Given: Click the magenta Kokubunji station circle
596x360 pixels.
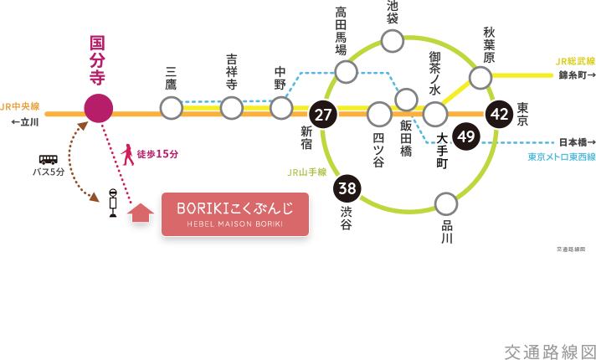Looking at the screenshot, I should tap(98, 108).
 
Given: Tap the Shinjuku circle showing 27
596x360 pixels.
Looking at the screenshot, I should tap(322, 114).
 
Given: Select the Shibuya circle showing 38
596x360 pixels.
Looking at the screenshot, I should tap(347, 189).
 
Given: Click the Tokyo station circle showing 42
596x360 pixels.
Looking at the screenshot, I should tap(500, 114).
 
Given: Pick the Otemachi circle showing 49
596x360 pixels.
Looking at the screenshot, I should tap(466, 136).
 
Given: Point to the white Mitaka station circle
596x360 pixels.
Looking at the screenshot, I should tap(172, 108).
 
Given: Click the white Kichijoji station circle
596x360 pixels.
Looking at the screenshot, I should tap(232, 108).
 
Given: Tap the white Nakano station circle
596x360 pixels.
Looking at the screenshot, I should tap(281, 108).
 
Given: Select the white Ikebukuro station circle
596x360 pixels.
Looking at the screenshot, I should tap(392, 40).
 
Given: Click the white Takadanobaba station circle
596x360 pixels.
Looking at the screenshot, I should tap(347, 72).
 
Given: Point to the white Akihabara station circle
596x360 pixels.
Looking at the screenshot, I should tap(480, 78).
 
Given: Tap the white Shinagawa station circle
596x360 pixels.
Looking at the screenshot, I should tap(446, 203).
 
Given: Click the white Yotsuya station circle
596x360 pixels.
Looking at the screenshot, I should tap(379, 113).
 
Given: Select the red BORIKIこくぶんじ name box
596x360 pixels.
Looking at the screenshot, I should tap(234, 213).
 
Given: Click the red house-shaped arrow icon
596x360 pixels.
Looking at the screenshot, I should tap(141, 213).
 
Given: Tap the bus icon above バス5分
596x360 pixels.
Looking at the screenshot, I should tap(49, 159).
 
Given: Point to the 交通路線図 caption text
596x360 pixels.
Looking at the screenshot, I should tap(549, 352).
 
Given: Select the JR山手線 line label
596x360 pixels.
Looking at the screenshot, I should tap(306, 172).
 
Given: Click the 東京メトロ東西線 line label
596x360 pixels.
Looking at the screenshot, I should tap(561, 157).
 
